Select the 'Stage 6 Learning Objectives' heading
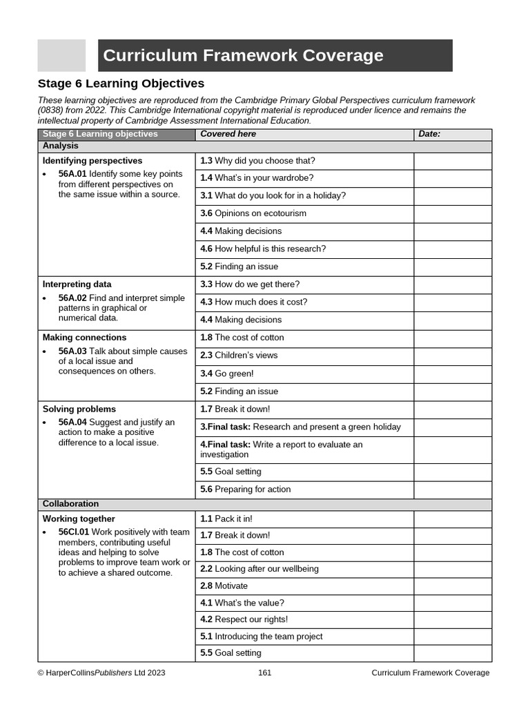pos(121,84)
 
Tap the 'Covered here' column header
pos(228,134)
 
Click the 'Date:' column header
pos(429,134)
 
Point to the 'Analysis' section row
pos(61,146)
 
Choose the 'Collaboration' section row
pos(70,504)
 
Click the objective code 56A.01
pos(72,174)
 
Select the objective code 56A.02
pos(72,298)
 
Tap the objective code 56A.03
pos(72,351)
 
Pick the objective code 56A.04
pos(72,423)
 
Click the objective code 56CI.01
pos(74,532)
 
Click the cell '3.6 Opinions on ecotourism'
pos(253,213)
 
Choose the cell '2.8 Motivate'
pos(224,586)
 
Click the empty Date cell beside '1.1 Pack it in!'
pos(452,519)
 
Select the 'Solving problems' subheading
pos(79,409)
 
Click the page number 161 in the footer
pos(265,673)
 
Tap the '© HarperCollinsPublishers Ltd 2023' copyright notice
pos(101,673)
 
